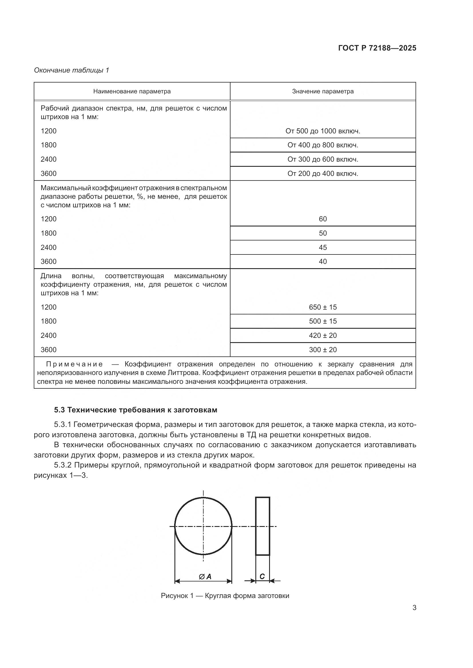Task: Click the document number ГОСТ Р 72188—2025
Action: click(377, 48)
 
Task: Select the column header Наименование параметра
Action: click(132, 91)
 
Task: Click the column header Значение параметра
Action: click(323, 91)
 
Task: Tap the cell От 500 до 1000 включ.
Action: click(323, 131)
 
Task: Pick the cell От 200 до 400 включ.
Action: click(323, 174)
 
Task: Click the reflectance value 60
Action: click(323, 219)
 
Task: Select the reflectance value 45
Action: click(323, 248)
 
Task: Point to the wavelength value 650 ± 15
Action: click(323, 307)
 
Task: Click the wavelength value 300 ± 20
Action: click(323, 350)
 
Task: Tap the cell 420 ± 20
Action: click(323, 336)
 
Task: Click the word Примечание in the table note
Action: click(74, 364)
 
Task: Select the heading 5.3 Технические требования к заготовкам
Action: click(136, 410)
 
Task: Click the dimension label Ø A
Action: click(205, 577)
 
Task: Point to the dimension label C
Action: click(262, 576)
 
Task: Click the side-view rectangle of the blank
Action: click(263, 526)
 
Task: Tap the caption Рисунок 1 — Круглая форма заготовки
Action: click(225, 595)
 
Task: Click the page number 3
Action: click(414, 607)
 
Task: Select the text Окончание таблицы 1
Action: click(71, 70)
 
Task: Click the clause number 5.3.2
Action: click(63, 465)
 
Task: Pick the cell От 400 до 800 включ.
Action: click(323, 145)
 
